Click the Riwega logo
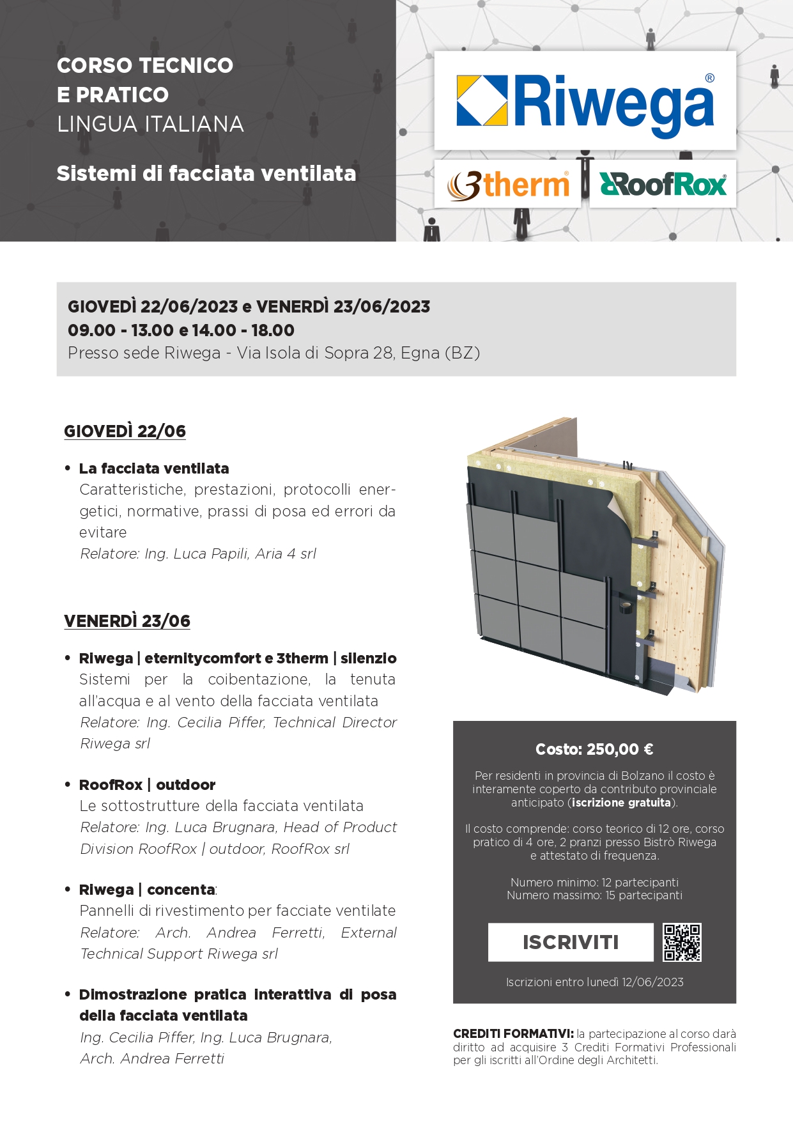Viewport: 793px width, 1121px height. coord(585,101)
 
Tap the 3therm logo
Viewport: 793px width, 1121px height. coord(508,185)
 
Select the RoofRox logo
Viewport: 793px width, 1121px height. coord(663,185)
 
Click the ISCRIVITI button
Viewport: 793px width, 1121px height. coord(571,942)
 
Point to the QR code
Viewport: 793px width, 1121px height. coord(682,942)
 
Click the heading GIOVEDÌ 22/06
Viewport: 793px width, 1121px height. coord(125,431)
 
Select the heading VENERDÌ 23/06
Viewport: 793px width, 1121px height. coord(127,621)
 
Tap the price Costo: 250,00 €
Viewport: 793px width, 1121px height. coord(594,749)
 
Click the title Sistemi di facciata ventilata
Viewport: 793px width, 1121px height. coord(206,174)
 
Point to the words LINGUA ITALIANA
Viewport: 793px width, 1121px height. coord(150,124)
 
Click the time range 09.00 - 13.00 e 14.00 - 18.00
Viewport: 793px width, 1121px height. coord(181,330)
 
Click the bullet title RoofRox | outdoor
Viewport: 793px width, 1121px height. coord(147,785)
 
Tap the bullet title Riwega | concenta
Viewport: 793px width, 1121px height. coord(147,890)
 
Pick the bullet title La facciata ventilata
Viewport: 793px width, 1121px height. coord(154,468)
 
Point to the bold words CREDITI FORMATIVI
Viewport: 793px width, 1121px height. coord(513,1033)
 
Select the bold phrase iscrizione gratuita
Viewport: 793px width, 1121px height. coord(621,803)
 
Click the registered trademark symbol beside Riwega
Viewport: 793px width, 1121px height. coord(709,78)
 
